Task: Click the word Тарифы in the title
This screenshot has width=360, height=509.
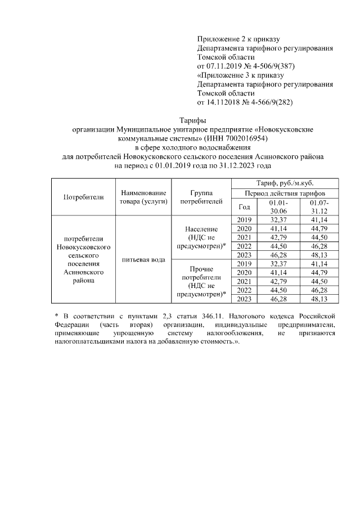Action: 192,120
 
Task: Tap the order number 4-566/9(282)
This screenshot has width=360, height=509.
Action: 267,102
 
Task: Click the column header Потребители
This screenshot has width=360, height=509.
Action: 83,197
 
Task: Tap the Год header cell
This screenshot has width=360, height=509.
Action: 244,206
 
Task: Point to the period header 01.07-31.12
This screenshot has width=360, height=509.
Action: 318,206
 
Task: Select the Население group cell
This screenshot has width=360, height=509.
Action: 201,237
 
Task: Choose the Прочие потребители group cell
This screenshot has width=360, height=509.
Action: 201,282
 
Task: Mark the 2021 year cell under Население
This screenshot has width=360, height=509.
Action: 244,237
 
